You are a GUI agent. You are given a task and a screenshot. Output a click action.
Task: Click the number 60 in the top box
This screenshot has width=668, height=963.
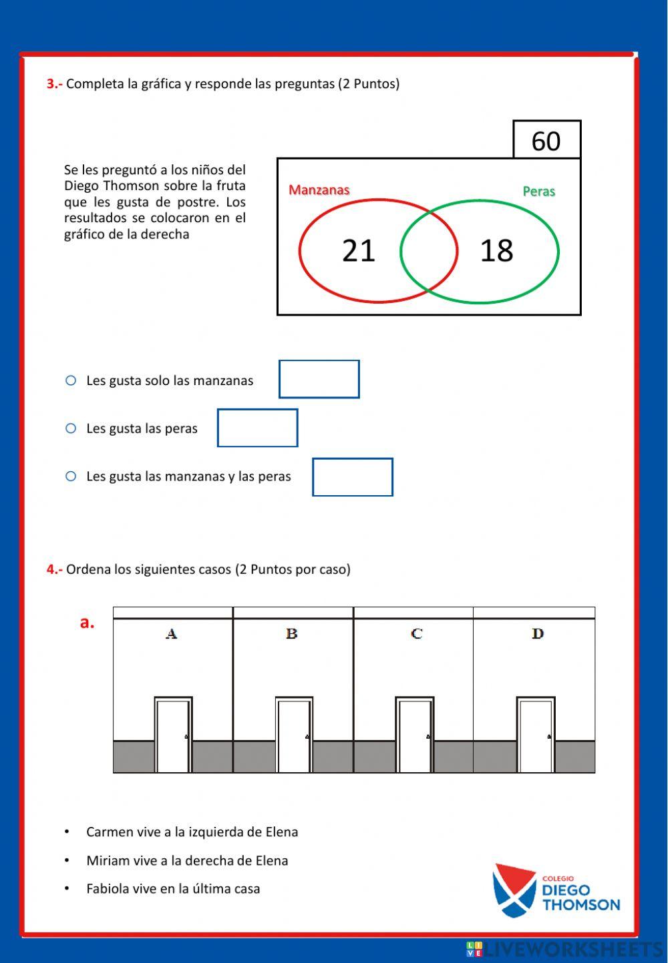tap(546, 141)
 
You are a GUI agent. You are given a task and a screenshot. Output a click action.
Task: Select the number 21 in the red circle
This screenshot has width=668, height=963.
tap(359, 251)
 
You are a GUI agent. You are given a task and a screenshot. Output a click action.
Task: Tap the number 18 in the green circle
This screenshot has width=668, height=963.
tap(496, 251)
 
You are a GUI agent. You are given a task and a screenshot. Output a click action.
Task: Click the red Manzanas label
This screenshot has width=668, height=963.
tap(319, 190)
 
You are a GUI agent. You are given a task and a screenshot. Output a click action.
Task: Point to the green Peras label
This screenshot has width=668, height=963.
tap(538, 192)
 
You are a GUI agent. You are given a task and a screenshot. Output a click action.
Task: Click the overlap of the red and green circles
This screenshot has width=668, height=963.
tap(429, 251)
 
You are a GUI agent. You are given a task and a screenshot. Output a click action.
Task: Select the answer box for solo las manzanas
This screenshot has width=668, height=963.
tap(319, 379)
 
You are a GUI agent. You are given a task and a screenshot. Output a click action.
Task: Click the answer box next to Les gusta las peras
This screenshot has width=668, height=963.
tap(257, 428)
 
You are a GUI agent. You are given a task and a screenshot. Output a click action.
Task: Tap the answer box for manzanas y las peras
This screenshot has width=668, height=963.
tap(352, 477)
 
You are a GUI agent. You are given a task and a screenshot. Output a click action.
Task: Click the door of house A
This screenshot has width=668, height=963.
tap(173, 735)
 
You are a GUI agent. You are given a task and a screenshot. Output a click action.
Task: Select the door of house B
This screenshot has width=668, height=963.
tap(294, 735)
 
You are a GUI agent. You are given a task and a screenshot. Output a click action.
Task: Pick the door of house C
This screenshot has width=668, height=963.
tap(415, 735)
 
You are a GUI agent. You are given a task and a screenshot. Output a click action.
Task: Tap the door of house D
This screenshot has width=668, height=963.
tap(536, 735)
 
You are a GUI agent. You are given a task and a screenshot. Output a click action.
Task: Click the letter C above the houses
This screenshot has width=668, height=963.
tap(417, 633)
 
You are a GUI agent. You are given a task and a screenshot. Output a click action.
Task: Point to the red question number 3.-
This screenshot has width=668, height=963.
tap(54, 84)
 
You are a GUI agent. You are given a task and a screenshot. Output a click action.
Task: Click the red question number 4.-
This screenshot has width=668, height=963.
tap(54, 569)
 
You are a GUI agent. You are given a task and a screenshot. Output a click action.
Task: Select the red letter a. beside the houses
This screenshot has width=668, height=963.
tap(87, 622)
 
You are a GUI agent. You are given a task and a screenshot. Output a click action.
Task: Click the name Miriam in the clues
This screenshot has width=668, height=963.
tap(107, 861)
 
